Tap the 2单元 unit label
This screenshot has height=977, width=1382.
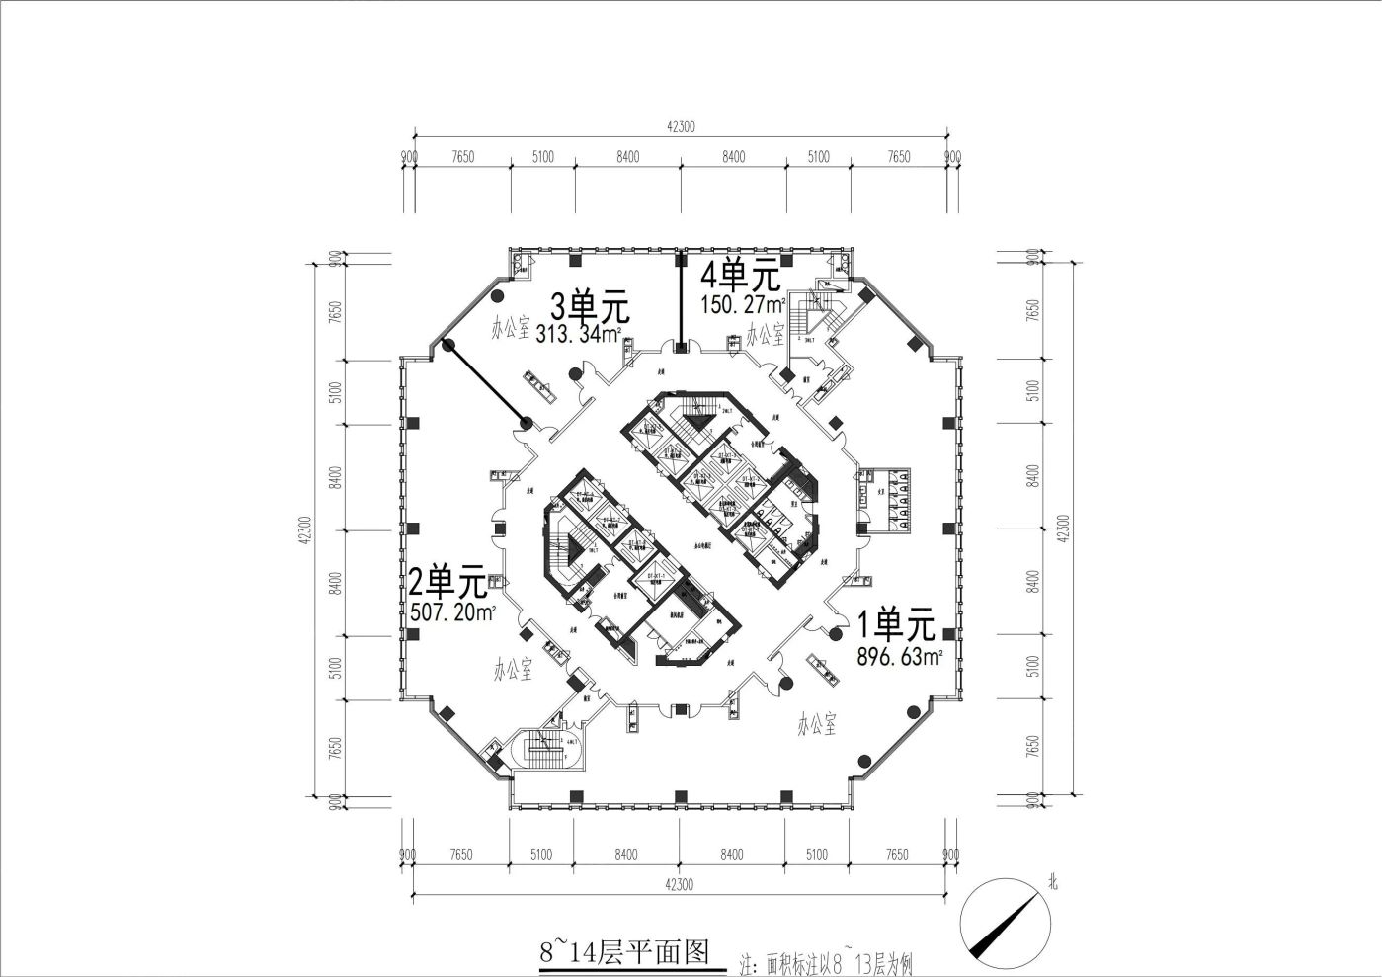[448, 582]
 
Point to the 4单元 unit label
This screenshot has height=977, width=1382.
[740, 274]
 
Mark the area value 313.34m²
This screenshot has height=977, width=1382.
[579, 334]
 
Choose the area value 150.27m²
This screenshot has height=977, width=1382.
[743, 303]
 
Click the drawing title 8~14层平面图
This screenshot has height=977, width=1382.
[624, 951]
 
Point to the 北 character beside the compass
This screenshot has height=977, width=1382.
[1052, 884]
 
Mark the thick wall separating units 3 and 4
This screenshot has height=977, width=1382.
[680, 299]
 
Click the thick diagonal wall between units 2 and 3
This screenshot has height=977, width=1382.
[487, 383]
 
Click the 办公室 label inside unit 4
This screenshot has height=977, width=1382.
[766, 334]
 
